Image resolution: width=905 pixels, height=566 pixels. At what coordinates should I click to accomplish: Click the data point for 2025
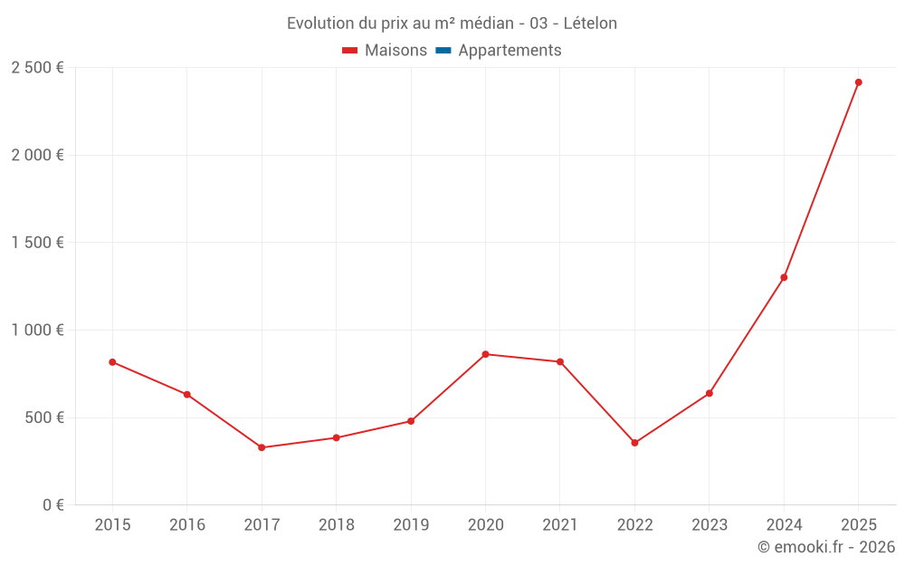858,82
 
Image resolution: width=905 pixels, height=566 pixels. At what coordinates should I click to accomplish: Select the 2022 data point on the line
634,443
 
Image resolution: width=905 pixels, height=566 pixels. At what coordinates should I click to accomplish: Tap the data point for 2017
262,447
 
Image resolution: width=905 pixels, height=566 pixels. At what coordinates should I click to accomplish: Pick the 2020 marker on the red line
485,354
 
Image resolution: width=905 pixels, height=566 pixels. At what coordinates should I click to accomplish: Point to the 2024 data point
784,277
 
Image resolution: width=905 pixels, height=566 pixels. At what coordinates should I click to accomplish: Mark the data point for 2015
112,362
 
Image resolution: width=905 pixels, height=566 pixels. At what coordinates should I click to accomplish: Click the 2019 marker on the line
411,421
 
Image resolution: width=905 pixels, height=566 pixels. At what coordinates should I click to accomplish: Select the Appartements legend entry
510,51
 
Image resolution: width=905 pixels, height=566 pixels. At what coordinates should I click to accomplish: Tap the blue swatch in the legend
443,51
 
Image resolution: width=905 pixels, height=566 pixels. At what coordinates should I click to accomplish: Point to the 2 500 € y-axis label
37,68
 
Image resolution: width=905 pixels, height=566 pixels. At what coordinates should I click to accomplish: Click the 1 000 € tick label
37,331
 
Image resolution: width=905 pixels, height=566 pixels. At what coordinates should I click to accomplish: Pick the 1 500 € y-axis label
37,243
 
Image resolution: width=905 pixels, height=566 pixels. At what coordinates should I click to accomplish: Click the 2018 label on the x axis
336,525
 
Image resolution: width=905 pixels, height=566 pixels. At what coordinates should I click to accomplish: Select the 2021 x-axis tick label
559,525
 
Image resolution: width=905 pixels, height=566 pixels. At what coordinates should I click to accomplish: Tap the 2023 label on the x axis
709,525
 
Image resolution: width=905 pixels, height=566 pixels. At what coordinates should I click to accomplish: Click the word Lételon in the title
590,24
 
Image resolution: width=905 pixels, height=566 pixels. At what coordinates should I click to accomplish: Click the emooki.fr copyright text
826,547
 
